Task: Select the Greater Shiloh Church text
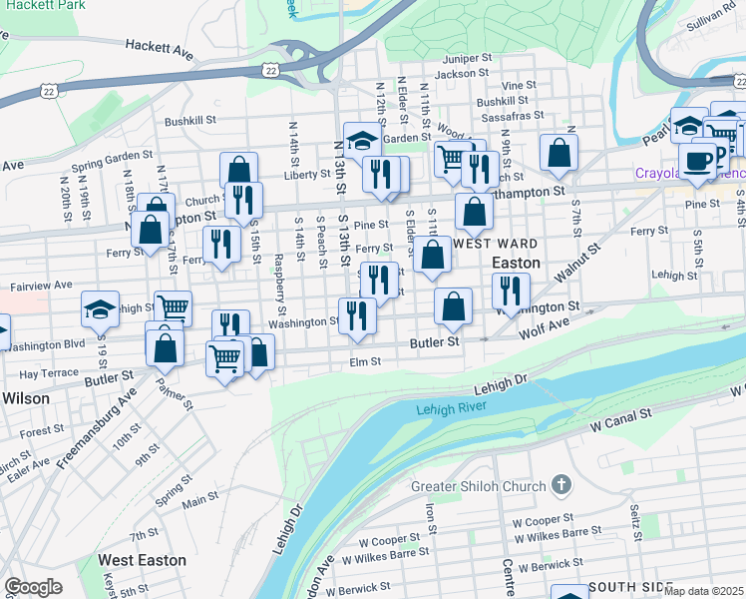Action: pyautogui.click(x=479, y=487)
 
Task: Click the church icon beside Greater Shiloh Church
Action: pyautogui.click(x=561, y=486)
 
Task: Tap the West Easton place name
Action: pyautogui.click(x=142, y=560)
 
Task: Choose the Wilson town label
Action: pyautogui.click(x=26, y=397)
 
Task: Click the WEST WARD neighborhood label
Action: pyautogui.click(x=496, y=244)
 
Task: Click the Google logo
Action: pyautogui.click(x=33, y=587)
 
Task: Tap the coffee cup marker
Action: pyautogui.click(x=698, y=159)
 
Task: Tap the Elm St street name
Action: pyautogui.click(x=365, y=362)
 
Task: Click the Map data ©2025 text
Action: pyautogui.click(x=703, y=590)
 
